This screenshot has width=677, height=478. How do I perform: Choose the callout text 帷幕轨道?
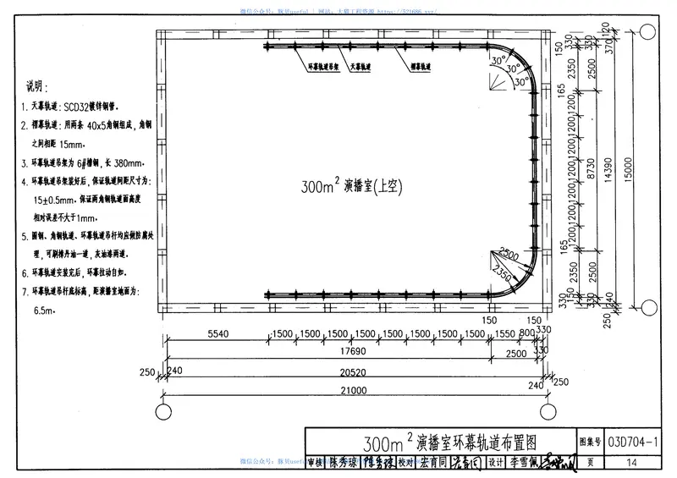(x=421, y=65)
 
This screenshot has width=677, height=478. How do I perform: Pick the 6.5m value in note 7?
(x=44, y=310)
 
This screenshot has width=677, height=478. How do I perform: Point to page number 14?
(x=632, y=462)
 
